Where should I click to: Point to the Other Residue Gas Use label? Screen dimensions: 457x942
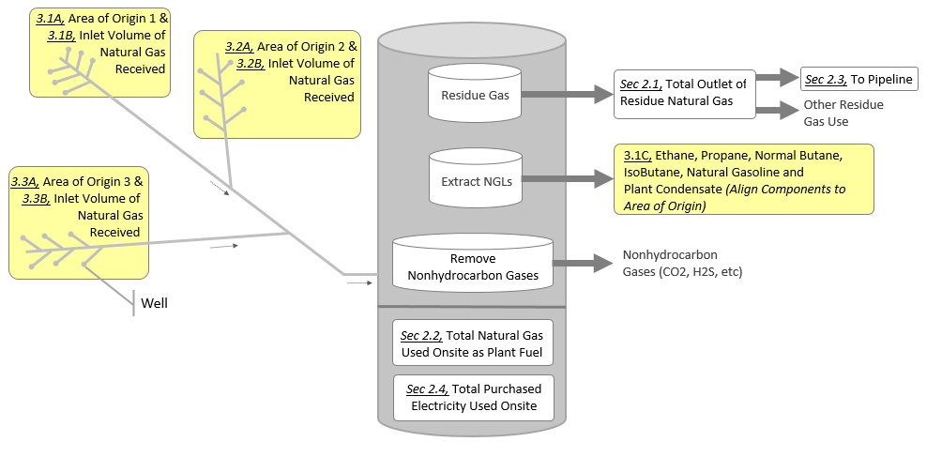click(843, 113)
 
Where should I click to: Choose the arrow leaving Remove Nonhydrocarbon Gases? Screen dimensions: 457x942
click(582, 264)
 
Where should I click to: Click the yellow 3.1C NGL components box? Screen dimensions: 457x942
click(744, 178)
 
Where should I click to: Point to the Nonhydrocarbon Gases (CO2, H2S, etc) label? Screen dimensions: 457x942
click(687, 264)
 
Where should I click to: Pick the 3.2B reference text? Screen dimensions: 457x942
click(251, 63)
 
